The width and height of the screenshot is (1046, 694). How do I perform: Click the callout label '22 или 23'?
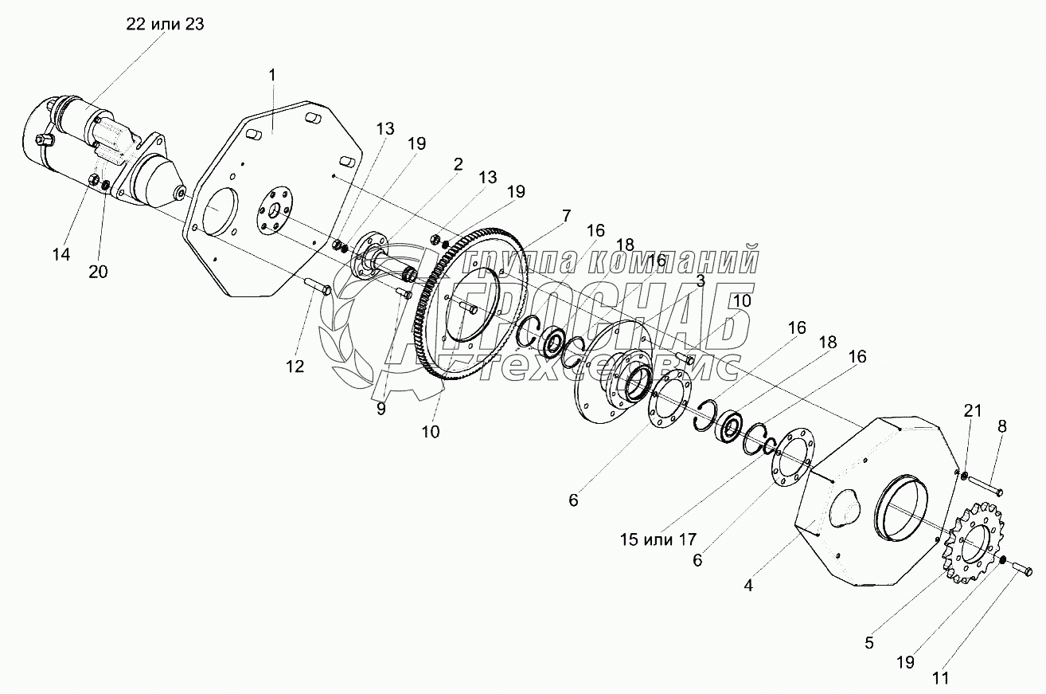click(x=165, y=24)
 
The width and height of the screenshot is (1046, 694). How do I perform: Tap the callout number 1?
click(x=271, y=75)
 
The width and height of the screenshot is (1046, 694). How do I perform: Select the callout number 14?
click(x=61, y=254)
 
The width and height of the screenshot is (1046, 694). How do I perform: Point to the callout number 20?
click(x=98, y=271)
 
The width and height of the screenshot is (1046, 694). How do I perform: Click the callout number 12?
click(x=295, y=366)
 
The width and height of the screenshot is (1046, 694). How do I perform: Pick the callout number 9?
click(x=381, y=409)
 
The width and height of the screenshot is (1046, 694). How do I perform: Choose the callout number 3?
click(x=701, y=280)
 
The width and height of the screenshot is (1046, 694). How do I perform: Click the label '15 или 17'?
click(x=658, y=539)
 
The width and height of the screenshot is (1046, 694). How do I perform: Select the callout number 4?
click(x=748, y=586)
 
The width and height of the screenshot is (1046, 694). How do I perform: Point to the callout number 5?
click(x=869, y=643)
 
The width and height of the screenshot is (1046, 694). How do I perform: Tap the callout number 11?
click(x=940, y=679)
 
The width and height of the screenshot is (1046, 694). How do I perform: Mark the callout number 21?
click(x=972, y=411)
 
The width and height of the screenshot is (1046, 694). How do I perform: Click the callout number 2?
click(x=458, y=164)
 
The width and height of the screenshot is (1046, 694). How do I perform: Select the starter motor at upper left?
click(x=103, y=155)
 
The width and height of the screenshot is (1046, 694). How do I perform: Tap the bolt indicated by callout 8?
click(x=986, y=484)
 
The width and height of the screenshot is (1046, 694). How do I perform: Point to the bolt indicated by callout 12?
click(x=319, y=287)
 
